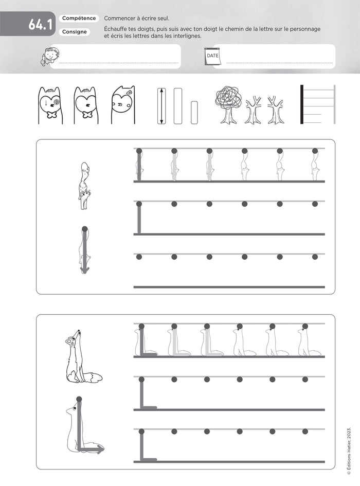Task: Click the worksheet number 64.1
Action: coord(41,25)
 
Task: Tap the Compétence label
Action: coord(79,19)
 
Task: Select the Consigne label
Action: coord(75,32)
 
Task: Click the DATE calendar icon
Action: coord(212,57)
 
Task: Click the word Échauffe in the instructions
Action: coord(115,29)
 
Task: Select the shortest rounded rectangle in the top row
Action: coord(194,113)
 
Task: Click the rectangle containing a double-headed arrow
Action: coord(161,106)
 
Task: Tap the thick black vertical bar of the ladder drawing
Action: coord(302,104)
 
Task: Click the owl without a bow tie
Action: coord(123,105)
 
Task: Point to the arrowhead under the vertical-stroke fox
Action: coord(84,269)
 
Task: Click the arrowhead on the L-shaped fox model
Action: coord(100,448)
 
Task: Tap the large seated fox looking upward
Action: coord(81,356)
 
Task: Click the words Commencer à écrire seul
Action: coord(137,19)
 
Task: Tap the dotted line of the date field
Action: coord(279,63)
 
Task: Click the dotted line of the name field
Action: coord(119,63)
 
